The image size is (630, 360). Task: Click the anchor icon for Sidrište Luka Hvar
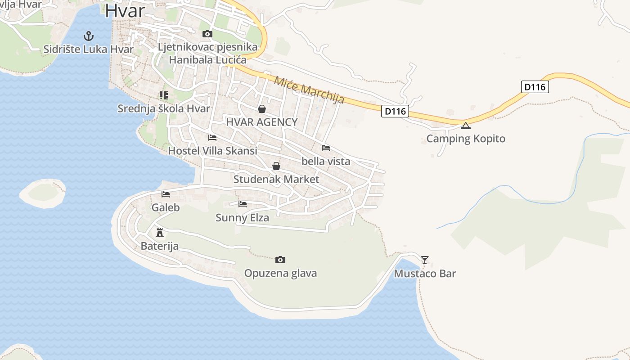(x=89, y=36)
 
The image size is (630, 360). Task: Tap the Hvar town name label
(x=125, y=11)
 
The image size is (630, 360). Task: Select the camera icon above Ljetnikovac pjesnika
(x=207, y=34)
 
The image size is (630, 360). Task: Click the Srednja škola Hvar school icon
(x=163, y=95)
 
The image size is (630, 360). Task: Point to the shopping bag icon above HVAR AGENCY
(x=262, y=109)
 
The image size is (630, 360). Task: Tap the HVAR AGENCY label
(x=261, y=122)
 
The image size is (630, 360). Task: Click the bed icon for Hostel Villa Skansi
(x=212, y=137)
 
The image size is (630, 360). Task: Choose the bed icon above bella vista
(x=326, y=148)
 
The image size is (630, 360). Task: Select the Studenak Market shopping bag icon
(x=276, y=166)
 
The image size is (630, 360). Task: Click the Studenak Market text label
(x=276, y=179)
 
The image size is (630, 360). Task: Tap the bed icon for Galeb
(x=166, y=194)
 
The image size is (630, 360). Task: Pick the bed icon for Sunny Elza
(x=243, y=204)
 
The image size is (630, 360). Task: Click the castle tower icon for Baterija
(x=159, y=233)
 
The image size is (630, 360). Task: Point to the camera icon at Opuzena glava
(x=280, y=260)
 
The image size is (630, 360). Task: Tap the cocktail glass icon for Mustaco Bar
(x=425, y=260)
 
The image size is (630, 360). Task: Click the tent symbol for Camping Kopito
(x=466, y=125)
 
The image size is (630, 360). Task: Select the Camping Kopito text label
(x=466, y=139)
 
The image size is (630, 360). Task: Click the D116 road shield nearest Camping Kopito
(x=395, y=111)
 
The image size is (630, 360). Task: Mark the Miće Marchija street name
(x=309, y=90)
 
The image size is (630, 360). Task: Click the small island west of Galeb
(x=43, y=192)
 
